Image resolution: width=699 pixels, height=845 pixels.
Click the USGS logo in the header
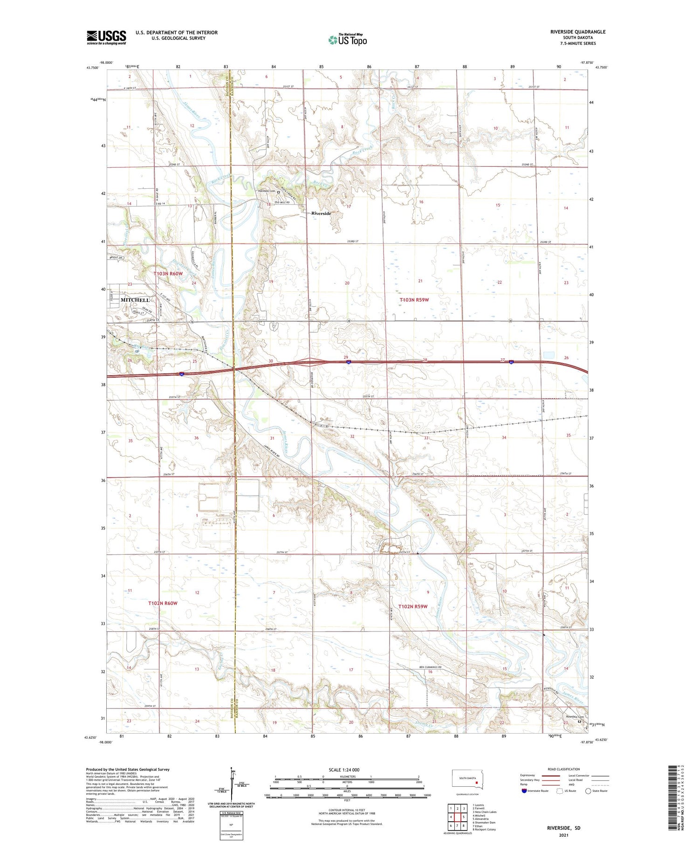tap(106, 37)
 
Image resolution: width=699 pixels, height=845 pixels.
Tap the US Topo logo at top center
tap(348, 40)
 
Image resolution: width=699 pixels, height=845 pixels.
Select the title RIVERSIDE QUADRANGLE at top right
tap(578, 32)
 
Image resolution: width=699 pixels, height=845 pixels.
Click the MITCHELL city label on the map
tap(135, 300)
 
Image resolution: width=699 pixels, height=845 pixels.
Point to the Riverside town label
tap(321, 213)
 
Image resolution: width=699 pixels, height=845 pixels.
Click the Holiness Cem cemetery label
tap(267, 191)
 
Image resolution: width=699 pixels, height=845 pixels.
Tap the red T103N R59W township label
tap(414, 300)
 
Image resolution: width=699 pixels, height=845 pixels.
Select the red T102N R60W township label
tap(163, 603)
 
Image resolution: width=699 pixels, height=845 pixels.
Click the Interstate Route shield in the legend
tap(524, 791)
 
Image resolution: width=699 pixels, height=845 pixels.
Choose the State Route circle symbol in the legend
tap(588, 791)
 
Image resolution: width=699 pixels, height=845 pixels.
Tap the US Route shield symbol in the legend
tap(560, 791)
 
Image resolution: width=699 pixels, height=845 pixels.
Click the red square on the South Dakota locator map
tap(477, 783)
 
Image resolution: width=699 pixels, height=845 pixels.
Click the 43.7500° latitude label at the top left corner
tap(92, 68)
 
